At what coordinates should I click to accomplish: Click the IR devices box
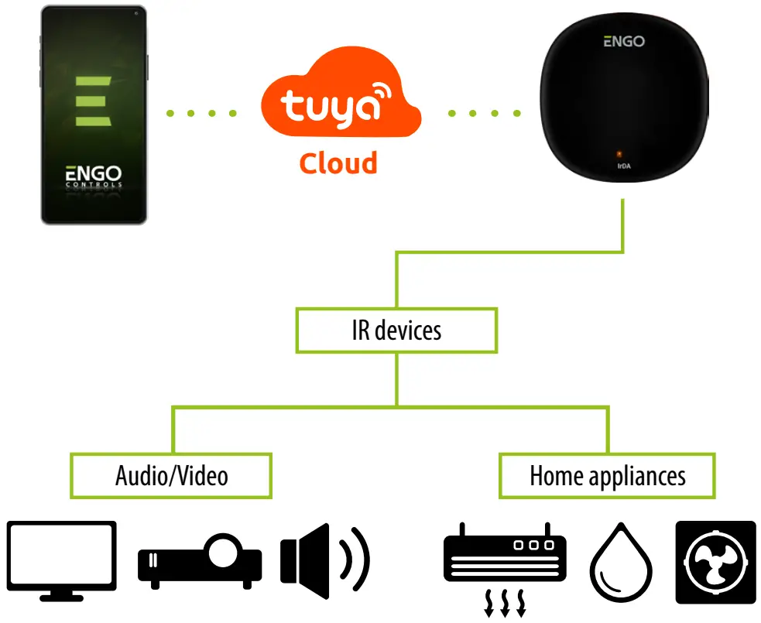tap(396, 330)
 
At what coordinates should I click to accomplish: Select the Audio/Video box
tap(171, 475)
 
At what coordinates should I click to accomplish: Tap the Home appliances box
tap(607, 475)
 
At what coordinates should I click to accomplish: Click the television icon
tap(62, 556)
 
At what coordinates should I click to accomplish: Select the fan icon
tap(715, 562)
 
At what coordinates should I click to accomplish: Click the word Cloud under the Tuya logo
tap(338, 163)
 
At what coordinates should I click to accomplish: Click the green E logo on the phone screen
tap(93, 101)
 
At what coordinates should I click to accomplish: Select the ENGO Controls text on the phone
tap(93, 177)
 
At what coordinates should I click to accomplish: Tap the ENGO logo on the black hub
tap(623, 41)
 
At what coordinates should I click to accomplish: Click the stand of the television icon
tap(62, 596)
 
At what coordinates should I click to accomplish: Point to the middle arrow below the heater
tap(505, 604)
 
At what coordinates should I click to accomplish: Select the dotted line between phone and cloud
tap(201, 113)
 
